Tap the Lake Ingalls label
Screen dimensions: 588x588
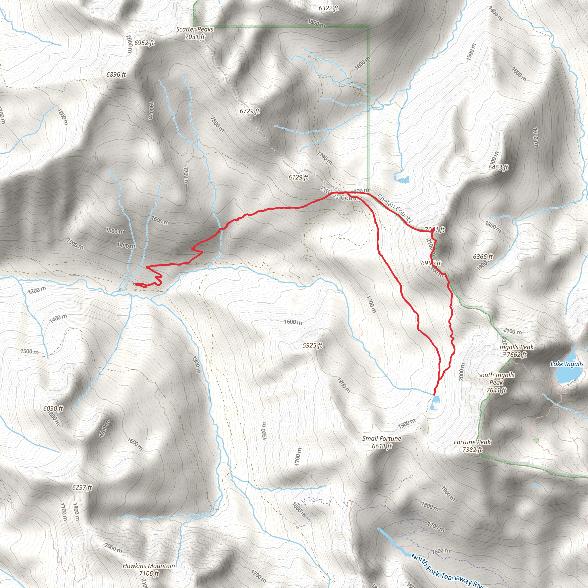coord(567,364)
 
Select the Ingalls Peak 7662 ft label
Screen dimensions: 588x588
coord(516,351)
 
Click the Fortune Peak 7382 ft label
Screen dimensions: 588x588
coord(472,446)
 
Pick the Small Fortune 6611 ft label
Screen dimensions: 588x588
coord(382,442)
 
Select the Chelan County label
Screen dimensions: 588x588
coord(394,208)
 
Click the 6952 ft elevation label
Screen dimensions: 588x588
coord(144,43)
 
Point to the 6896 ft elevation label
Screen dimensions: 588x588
coord(116,75)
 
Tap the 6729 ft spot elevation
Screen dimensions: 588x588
coord(249,111)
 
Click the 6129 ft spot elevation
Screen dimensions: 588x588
coord(298,177)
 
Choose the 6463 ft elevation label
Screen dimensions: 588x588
coord(498,167)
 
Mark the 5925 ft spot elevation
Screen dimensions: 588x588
coord(312,345)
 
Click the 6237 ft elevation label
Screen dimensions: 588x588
coord(82,487)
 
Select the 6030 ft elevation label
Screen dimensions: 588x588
coord(53,409)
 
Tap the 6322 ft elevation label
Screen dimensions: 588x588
coord(328,8)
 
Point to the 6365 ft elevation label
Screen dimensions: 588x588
coord(483,257)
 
